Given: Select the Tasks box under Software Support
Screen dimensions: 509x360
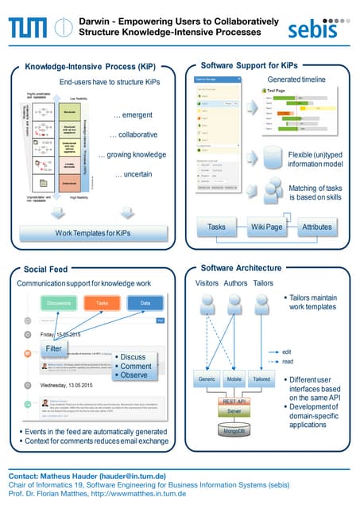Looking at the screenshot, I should tap(216, 227).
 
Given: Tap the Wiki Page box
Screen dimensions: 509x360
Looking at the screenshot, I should tap(266, 227).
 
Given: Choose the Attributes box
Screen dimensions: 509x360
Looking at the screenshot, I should tap(315, 227).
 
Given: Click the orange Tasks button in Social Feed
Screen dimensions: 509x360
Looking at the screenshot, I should tap(101, 302).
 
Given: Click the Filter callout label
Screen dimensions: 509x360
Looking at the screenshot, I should tap(54, 348).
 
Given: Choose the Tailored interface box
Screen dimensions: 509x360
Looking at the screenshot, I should tap(262, 379).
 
